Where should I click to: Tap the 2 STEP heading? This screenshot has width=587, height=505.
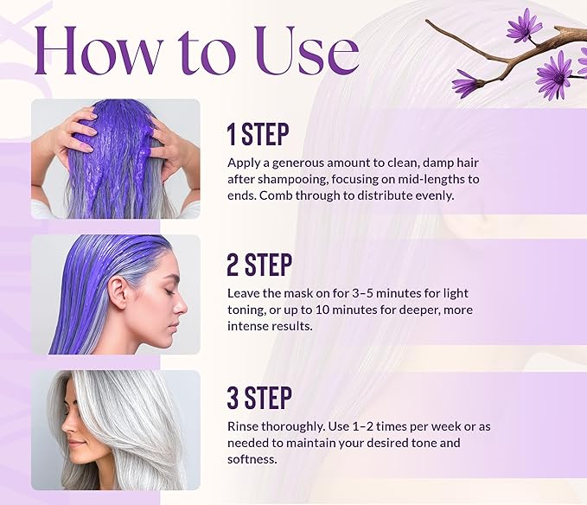[259, 265]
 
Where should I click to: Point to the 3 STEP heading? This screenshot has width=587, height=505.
[259, 399]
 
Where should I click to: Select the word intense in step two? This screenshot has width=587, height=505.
[250, 326]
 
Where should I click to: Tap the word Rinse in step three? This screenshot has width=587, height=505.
[245, 426]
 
